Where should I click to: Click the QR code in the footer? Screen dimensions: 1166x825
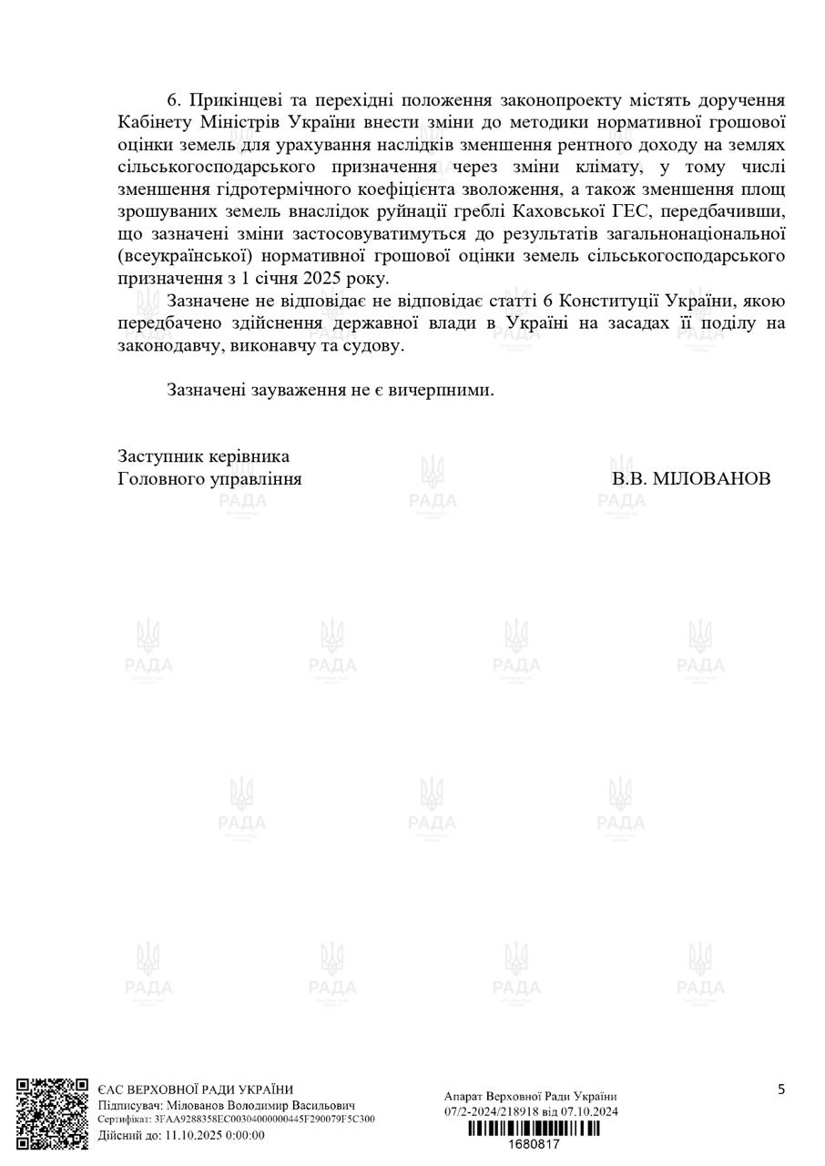52,1114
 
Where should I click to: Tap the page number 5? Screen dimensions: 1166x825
781,1089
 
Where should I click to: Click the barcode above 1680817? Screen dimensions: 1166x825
534,1130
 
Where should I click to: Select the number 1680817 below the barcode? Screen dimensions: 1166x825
534,1144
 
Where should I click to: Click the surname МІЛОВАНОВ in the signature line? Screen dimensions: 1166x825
712,479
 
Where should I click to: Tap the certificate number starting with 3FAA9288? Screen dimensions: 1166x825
264,1120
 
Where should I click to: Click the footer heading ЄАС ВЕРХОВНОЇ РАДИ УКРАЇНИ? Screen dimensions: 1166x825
196,1089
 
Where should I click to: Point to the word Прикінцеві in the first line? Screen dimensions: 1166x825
239,100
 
